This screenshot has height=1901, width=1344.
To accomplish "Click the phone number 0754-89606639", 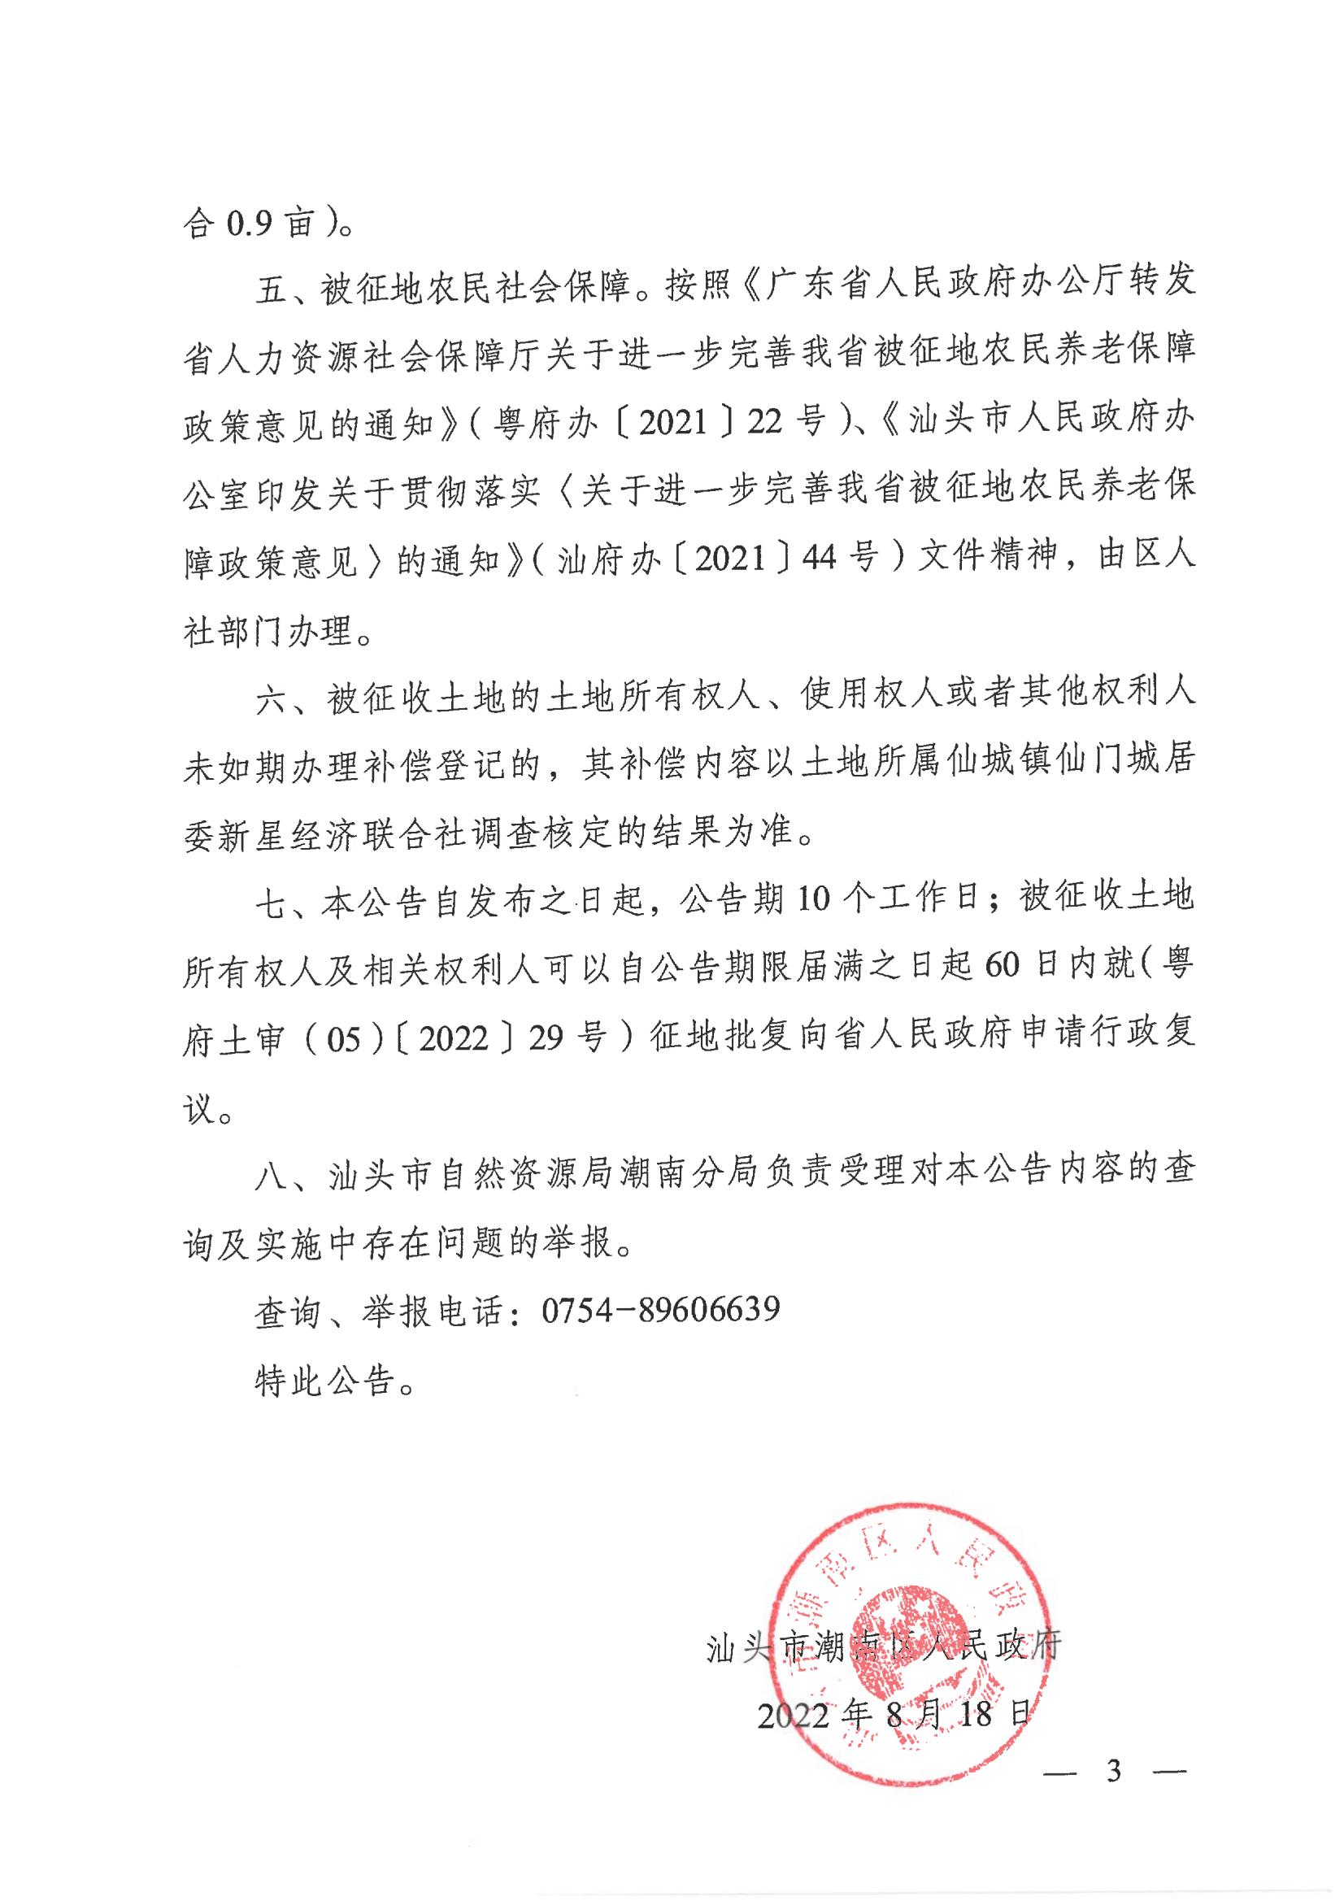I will pos(661,1309).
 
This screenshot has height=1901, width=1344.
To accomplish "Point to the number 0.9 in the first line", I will pos(245,224).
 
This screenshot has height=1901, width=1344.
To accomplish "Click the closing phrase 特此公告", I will pos(334,1379).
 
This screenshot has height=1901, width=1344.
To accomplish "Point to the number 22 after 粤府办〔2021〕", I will pos(769,423).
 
